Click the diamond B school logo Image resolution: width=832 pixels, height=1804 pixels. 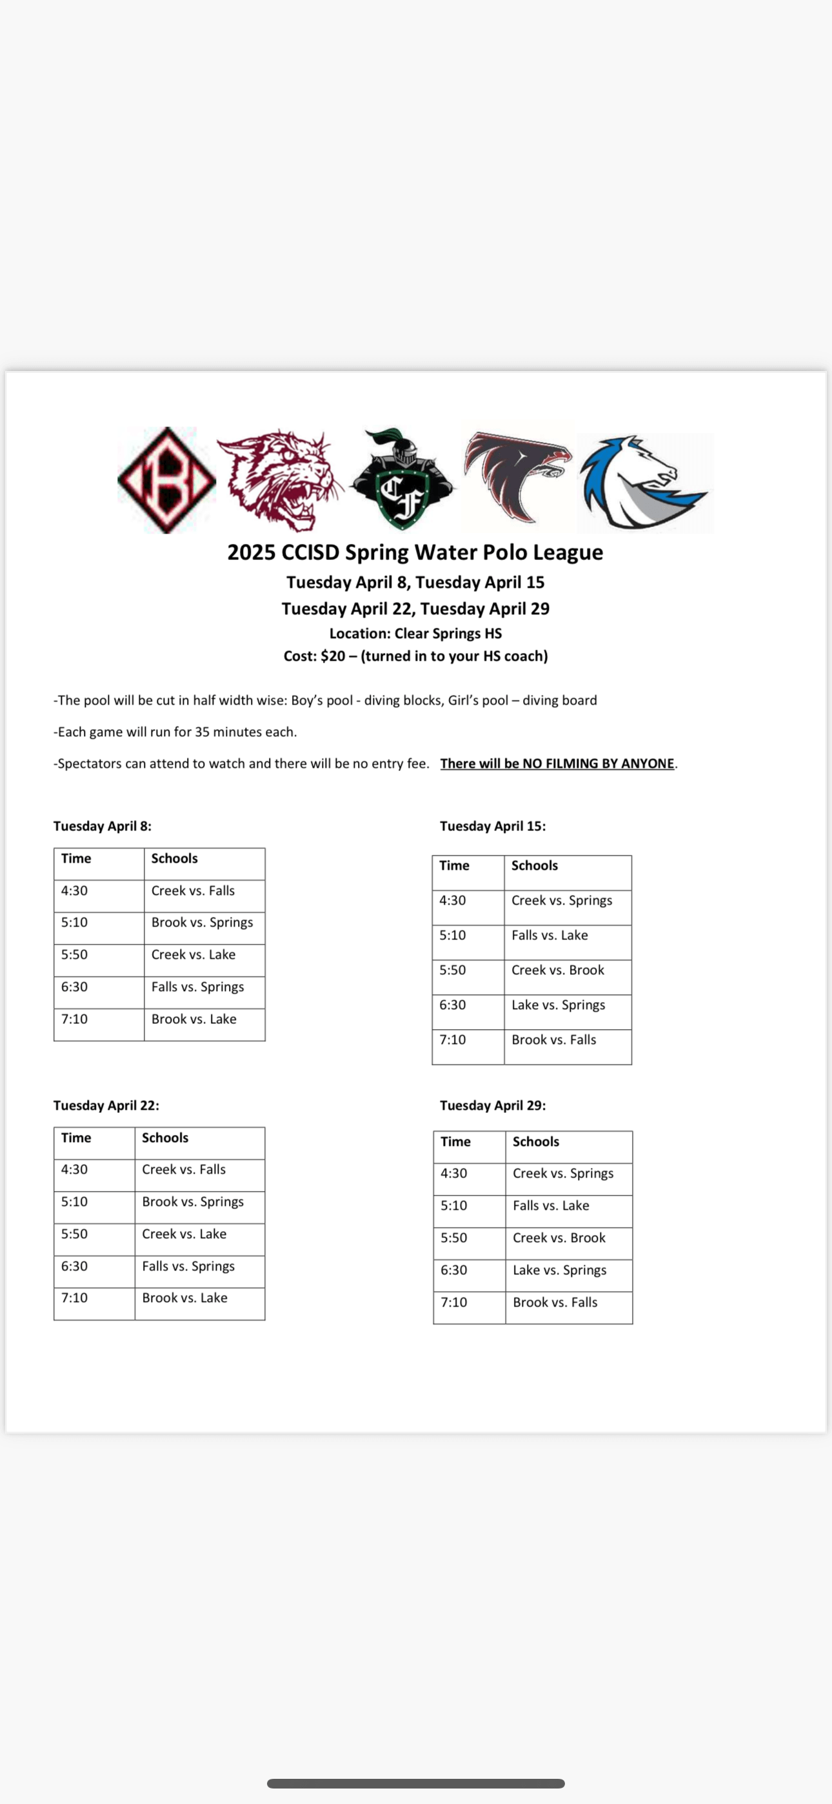166,481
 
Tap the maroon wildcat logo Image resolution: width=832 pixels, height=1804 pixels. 280,481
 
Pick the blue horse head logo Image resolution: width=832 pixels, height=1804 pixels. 643,482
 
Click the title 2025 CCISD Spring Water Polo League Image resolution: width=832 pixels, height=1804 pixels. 415,552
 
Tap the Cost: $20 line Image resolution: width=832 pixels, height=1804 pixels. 415,656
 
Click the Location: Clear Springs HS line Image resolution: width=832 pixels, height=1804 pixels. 415,634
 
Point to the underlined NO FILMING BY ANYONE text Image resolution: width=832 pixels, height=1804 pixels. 557,763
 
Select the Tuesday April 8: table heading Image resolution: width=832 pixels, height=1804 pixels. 103,827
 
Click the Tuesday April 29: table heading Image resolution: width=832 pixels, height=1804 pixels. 493,1105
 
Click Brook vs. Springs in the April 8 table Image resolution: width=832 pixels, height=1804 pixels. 203,922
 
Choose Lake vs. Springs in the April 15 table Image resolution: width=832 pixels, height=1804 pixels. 558,1005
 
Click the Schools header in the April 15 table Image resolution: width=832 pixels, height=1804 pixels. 535,866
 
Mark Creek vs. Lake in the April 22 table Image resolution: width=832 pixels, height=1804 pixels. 184,1234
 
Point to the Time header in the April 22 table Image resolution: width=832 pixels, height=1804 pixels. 76,1138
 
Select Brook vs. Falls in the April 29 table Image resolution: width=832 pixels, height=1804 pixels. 555,1303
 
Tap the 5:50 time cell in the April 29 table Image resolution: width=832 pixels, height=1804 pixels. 454,1238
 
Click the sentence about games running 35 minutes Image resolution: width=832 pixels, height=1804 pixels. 175,732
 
